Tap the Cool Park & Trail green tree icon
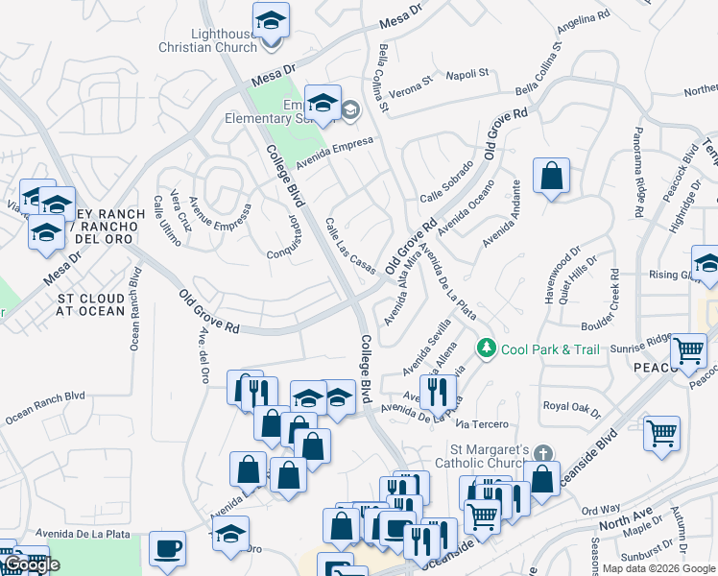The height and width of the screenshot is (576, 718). pyautogui.click(x=488, y=347)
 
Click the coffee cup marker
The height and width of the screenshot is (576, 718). pyautogui.click(x=168, y=548)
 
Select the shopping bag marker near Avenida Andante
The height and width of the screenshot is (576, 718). pyautogui.click(x=551, y=176)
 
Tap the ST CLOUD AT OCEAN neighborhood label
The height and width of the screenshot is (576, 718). pyautogui.click(x=90, y=304)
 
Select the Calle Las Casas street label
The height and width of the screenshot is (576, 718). pyautogui.click(x=349, y=246)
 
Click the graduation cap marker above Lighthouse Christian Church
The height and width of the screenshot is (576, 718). pyautogui.click(x=272, y=20)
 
